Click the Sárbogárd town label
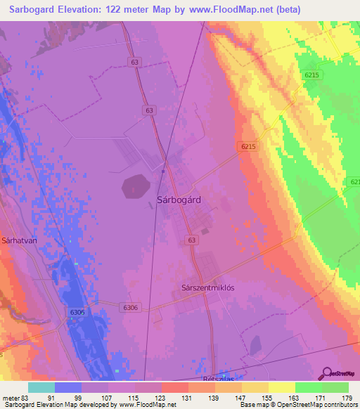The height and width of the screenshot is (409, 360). click(179, 200)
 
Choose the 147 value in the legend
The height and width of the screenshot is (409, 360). click(240, 397)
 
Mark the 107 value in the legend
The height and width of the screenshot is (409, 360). click(108, 397)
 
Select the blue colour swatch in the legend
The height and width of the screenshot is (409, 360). click(68, 387)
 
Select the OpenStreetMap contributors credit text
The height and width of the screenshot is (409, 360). click(316, 405)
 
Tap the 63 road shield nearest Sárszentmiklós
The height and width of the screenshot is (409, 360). click(191, 240)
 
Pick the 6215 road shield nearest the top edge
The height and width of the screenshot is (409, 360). click(312, 74)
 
